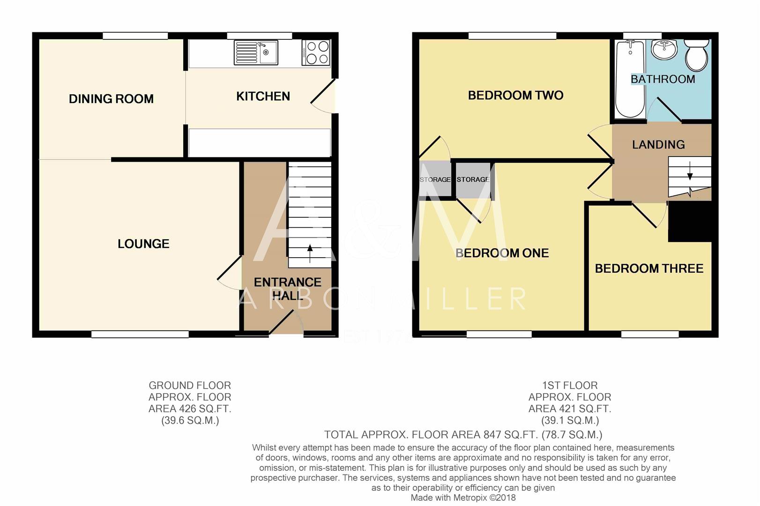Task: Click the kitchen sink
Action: [256, 52]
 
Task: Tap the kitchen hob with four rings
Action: [316, 52]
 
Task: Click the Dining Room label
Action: [111, 99]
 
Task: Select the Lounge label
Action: [143, 244]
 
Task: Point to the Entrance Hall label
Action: [287, 289]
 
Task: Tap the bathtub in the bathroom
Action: [630, 79]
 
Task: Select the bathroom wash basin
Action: [664, 49]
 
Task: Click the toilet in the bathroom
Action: [697, 54]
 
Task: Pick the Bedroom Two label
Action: [515, 96]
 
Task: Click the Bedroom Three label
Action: [649, 268]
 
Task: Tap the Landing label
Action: [658, 145]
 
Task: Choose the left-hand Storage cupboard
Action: [435, 179]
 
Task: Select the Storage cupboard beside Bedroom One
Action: [473, 179]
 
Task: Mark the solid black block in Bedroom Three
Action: [690, 222]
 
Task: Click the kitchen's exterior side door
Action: [324, 96]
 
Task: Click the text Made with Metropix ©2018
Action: [463, 498]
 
